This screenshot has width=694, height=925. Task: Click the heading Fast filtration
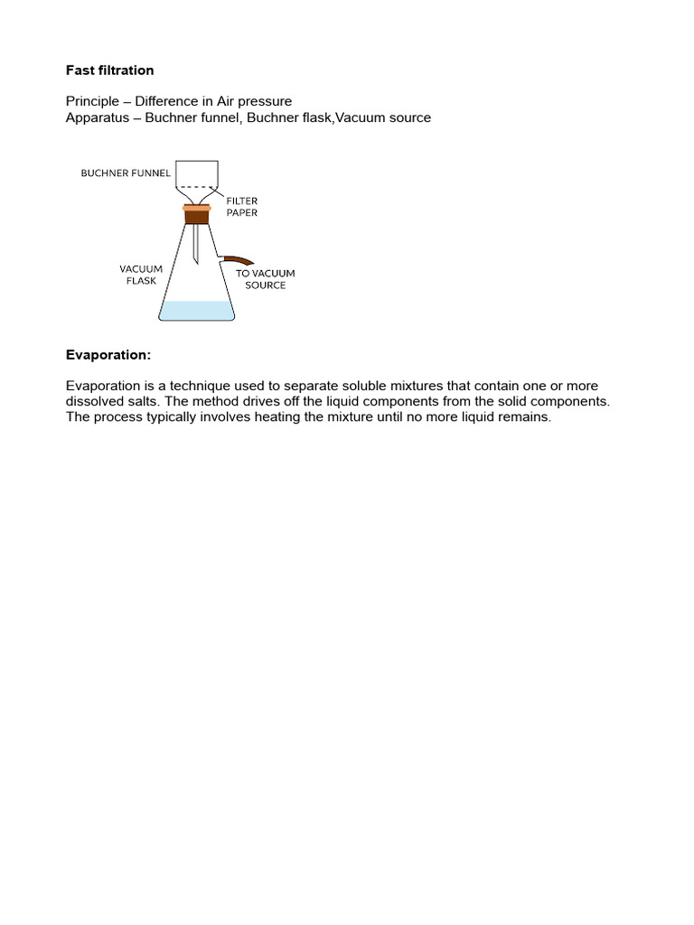[109, 70]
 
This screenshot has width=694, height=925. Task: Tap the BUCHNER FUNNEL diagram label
[126, 173]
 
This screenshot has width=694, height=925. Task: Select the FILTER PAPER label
[242, 207]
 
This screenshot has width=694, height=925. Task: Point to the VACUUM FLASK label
[141, 275]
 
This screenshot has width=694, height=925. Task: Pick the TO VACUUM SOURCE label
[266, 279]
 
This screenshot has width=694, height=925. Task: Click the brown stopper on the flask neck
[197, 214]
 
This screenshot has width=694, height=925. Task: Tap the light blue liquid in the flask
[196, 310]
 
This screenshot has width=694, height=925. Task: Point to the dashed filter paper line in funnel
[196, 187]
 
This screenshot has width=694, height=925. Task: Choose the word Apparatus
[97, 117]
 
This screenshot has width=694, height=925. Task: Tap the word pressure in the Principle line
[263, 101]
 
